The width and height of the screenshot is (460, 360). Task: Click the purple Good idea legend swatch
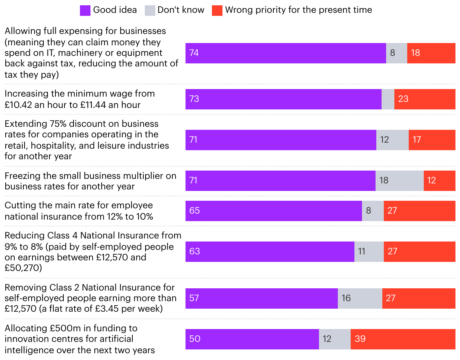(85, 10)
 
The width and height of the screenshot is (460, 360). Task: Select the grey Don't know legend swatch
(150, 10)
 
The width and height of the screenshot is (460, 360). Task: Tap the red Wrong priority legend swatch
(217, 10)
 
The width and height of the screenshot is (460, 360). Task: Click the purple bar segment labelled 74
(285, 53)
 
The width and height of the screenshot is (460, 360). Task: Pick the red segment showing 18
(431, 53)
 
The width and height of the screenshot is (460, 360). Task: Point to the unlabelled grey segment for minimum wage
(388, 99)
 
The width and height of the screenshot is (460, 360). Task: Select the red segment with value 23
(425, 99)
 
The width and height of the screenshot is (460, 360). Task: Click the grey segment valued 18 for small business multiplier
(399, 180)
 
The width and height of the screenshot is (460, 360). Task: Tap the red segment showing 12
(439, 180)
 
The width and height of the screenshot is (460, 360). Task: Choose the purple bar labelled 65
(273, 211)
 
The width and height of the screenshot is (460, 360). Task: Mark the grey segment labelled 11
(369, 251)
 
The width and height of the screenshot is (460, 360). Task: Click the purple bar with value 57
(261, 298)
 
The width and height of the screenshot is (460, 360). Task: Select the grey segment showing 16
(360, 298)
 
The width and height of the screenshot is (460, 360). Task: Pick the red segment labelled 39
(403, 339)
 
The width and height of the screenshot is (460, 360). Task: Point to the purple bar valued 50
(252, 339)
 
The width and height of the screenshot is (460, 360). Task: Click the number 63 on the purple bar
(195, 251)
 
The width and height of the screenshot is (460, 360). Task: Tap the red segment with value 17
(432, 140)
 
